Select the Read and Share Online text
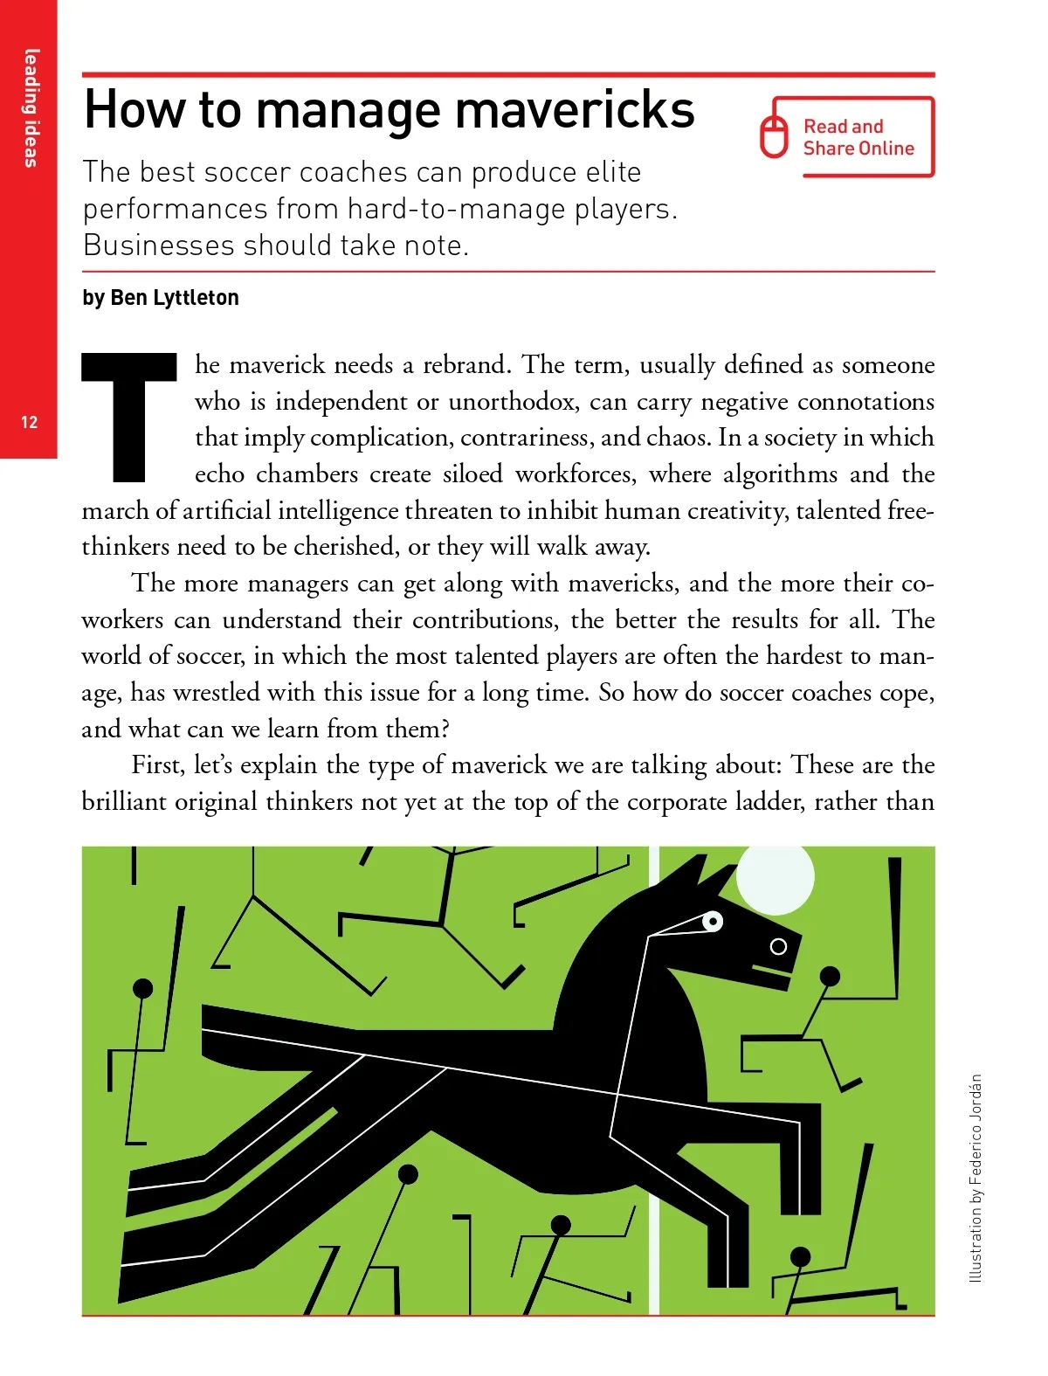tap(858, 137)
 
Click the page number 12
tap(29, 422)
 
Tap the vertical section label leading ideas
tap(31, 108)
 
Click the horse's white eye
tap(713, 921)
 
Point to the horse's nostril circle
tap(778, 946)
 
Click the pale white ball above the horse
tap(776, 876)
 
